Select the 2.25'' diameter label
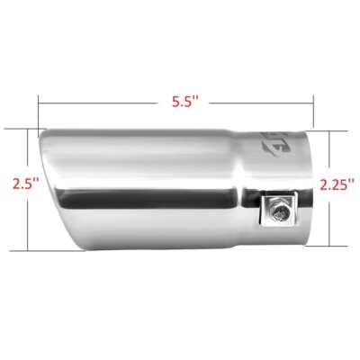click(x=339, y=184)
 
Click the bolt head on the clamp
click(x=280, y=213)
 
